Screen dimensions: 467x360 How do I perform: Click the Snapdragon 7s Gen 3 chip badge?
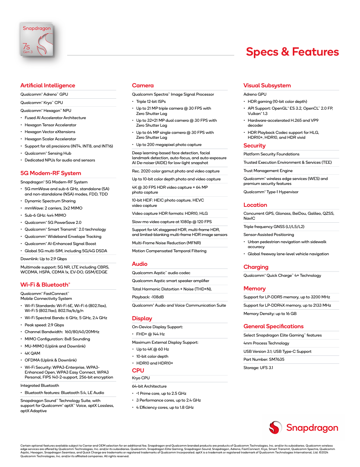(x=37, y=40)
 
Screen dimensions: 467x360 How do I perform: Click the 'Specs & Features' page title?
(x=292, y=52)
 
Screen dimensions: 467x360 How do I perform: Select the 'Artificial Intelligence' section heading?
(x=48, y=85)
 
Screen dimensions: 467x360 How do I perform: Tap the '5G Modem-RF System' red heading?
(x=51, y=173)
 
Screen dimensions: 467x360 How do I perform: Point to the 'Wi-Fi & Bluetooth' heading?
(x=45, y=285)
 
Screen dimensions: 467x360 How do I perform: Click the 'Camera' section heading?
(x=143, y=85)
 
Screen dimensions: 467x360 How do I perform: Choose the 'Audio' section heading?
(x=139, y=264)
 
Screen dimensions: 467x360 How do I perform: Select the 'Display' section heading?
(x=142, y=318)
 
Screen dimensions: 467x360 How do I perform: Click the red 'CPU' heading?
(x=138, y=371)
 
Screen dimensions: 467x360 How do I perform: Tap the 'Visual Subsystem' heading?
(x=267, y=85)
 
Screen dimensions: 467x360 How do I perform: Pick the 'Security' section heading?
(x=254, y=146)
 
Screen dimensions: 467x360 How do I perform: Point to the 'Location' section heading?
(x=255, y=205)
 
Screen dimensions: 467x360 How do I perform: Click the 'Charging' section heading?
(x=256, y=267)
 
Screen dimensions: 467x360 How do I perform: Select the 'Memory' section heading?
(x=254, y=289)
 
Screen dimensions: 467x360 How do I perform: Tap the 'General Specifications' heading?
(x=273, y=326)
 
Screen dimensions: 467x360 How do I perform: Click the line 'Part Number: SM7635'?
(x=264, y=360)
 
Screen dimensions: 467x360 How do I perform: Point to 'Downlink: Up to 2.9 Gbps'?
(x=43, y=259)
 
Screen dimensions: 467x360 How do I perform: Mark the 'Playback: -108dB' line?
(x=148, y=297)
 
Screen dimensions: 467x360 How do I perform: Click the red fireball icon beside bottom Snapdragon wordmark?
(x=275, y=428)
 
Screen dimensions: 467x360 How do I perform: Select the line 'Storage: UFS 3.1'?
(x=258, y=368)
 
